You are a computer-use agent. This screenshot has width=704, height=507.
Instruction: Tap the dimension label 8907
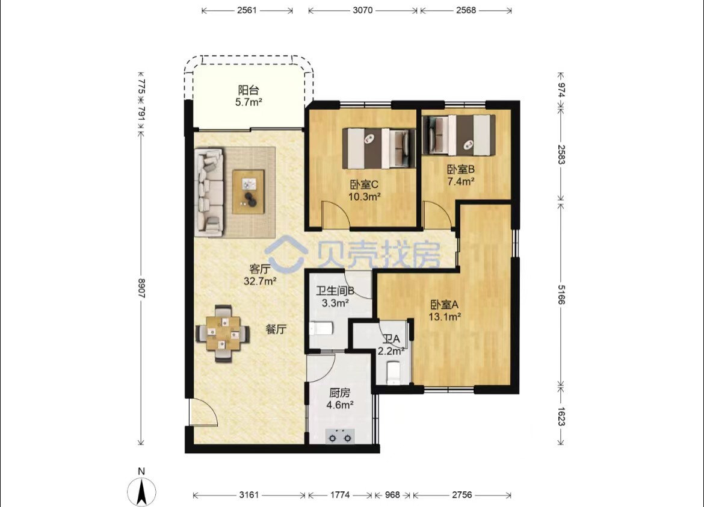[141, 288]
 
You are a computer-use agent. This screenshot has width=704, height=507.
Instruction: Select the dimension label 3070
[362, 10]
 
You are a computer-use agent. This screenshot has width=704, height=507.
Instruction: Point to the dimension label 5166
[561, 294]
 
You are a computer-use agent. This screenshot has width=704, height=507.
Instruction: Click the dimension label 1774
[340, 495]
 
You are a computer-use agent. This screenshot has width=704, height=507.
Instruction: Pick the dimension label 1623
[561, 416]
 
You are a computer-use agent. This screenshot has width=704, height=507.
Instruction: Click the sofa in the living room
[209, 193]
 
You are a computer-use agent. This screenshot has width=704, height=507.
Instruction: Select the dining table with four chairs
[223, 334]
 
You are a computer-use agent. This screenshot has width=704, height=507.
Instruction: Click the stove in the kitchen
[340, 437]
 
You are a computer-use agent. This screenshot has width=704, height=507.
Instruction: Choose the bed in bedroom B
[459, 134]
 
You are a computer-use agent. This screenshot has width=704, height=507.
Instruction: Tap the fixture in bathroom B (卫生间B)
[321, 329]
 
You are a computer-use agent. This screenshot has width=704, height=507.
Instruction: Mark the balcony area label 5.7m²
[249, 102]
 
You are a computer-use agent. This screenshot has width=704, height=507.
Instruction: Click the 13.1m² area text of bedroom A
[445, 317]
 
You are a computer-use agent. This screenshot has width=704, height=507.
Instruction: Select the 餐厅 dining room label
[276, 329]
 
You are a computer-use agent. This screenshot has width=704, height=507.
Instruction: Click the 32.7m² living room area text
[260, 281]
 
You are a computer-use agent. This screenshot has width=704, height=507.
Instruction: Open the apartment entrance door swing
[203, 412]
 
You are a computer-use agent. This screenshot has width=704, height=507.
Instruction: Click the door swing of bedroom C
[336, 214]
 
